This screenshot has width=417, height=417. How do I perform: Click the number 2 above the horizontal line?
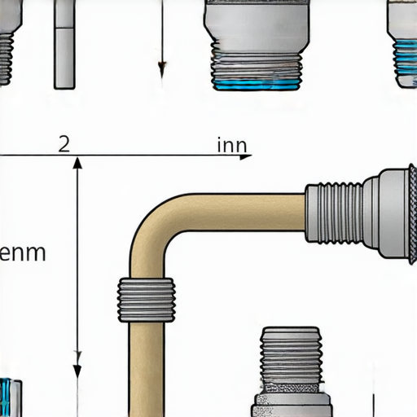64,144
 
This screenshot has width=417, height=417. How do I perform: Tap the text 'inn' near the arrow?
232,145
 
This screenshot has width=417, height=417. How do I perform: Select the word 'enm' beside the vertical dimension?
23,253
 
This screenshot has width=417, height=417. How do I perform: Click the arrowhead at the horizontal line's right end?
246,156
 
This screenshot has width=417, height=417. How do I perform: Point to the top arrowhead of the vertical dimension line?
77,163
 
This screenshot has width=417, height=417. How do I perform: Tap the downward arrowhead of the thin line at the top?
162,69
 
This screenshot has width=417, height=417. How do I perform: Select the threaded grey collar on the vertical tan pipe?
147,300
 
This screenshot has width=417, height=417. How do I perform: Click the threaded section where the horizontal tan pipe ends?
334,213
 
